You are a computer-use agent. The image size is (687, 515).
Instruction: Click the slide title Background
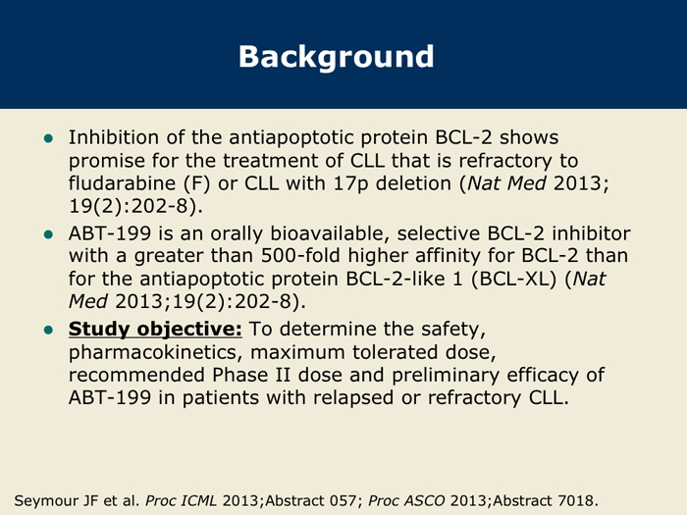(x=336, y=57)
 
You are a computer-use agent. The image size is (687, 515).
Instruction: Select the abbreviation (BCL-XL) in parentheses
(x=514, y=279)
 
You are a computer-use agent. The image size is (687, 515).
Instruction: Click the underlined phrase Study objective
(x=155, y=330)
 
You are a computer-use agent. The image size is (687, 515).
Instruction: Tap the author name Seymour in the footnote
(x=42, y=500)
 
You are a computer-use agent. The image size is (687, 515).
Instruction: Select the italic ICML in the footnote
(x=199, y=500)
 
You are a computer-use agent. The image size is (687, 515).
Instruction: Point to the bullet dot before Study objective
(x=48, y=330)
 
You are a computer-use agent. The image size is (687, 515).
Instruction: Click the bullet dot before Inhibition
(x=48, y=139)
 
